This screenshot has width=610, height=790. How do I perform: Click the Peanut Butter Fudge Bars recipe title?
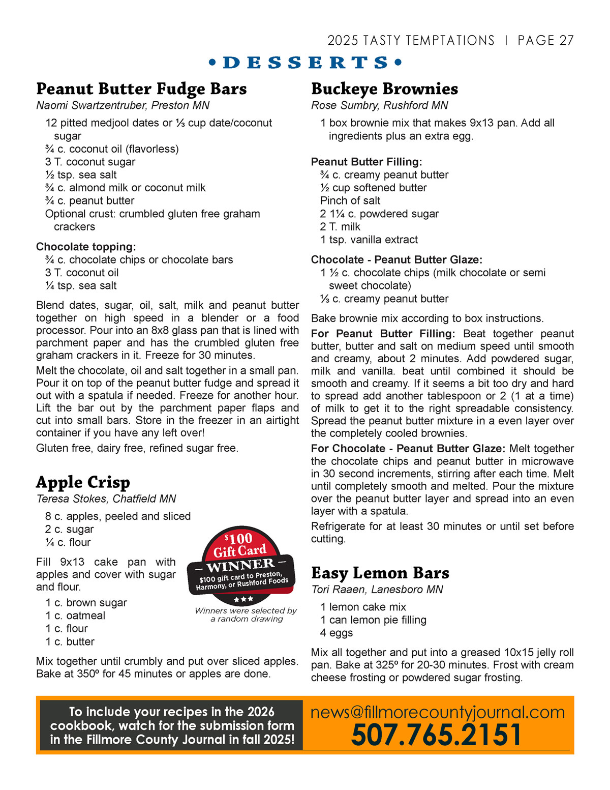tap(141, 89)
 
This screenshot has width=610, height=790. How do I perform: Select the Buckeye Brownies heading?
tap(384, 89)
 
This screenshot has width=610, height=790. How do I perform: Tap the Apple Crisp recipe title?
tap(83, 482)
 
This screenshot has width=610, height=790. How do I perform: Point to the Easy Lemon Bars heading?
tap(380, 573)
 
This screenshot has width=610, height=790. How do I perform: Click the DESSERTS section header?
tap(305, 63)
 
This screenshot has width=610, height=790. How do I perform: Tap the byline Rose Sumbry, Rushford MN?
tap(379, 105)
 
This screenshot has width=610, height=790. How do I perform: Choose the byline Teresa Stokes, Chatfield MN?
tap(106, 499)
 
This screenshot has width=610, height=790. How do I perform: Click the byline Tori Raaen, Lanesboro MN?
tap(377, 590)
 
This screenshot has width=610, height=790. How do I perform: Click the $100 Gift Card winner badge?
tap(241, 562)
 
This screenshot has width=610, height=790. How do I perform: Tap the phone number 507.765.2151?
tap(436, 735)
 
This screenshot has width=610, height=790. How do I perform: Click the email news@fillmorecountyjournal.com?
tap(437, 712)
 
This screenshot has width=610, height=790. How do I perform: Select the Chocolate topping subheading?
tap(86, 247)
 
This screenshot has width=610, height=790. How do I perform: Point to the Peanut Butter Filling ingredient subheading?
tap(367, 162)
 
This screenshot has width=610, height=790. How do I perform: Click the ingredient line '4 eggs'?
tap(336, 633)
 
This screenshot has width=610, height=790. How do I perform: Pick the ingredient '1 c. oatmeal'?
tap(75, 616)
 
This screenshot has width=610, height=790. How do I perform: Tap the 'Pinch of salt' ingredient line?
tap(350, 200)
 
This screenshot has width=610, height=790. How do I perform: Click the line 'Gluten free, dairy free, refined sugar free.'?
tap(137, 448)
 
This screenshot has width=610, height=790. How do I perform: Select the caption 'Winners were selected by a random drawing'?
tap(246, 615)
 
